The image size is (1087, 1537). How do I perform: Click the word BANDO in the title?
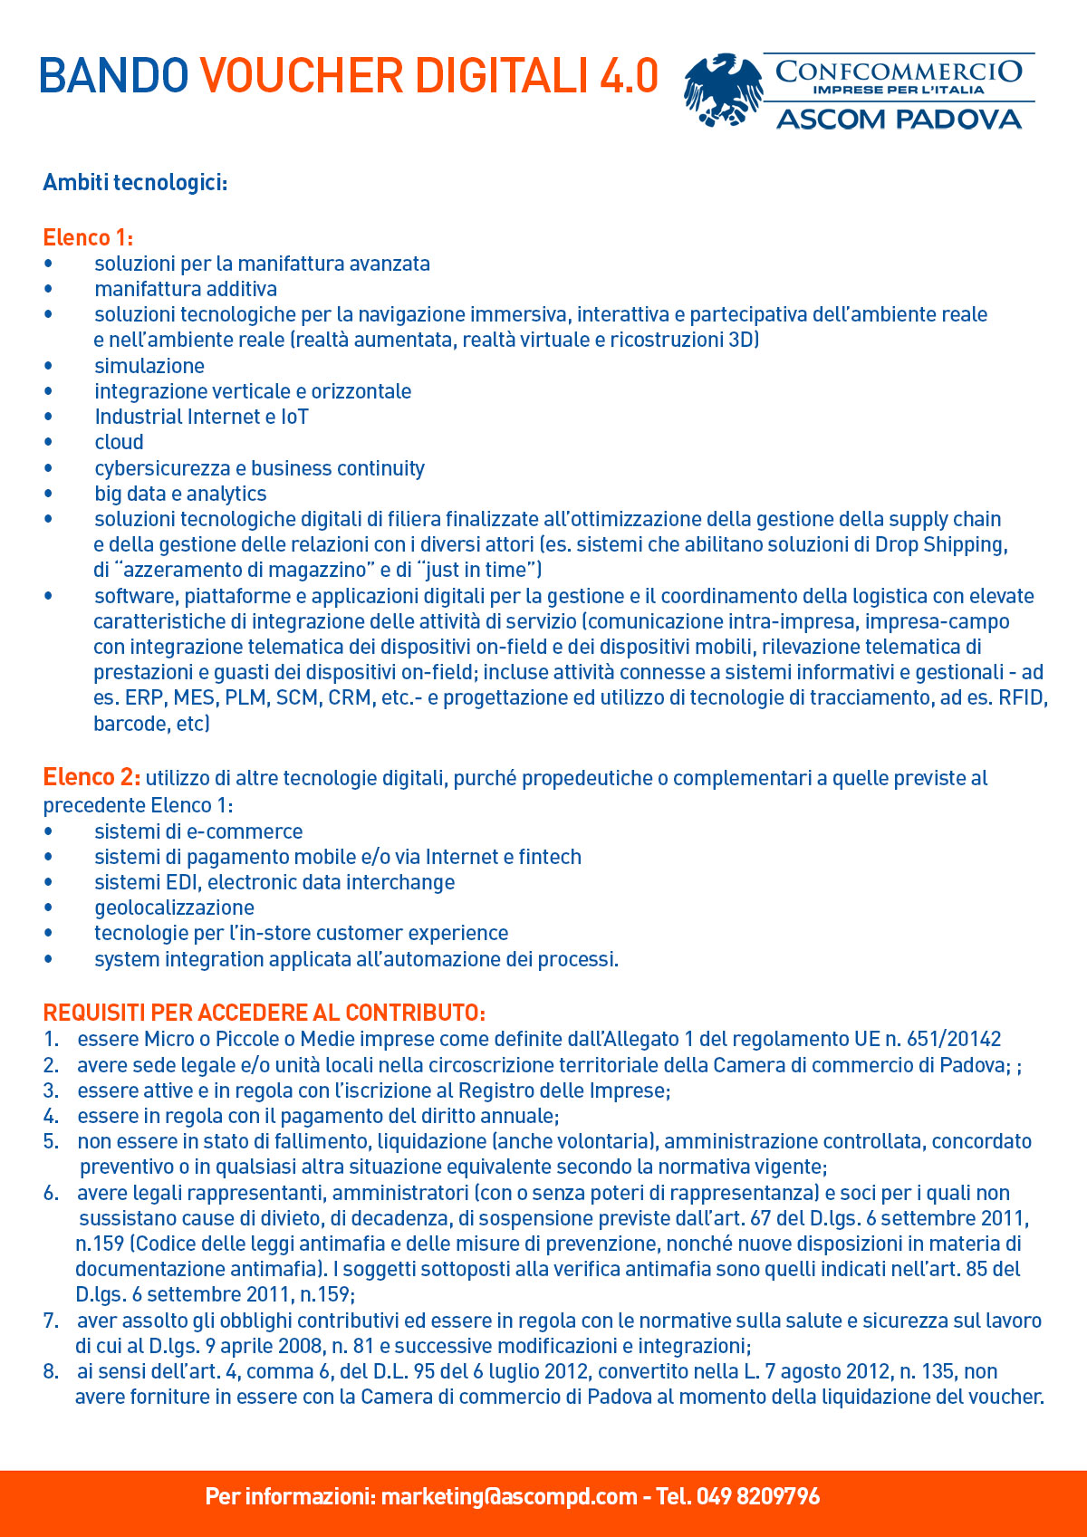coord(113,76)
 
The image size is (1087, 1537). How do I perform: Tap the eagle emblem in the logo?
coord(722,89)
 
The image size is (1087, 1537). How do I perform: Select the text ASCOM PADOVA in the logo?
coord(899,120)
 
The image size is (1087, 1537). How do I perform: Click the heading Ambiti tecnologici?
coord(135,183)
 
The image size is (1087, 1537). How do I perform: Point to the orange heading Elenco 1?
coord(88,237)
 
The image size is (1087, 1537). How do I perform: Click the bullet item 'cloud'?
coord(119,442)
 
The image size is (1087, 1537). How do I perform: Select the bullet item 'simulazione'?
coord(149,366)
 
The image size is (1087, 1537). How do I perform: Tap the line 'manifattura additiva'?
coord(186,289)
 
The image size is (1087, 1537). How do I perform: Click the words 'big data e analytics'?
coord(180,494)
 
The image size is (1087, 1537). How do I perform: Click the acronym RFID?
coord(1022,697)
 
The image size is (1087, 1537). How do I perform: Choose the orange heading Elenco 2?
coord(91,777)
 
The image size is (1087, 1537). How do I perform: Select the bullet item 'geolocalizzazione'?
coord(174,908)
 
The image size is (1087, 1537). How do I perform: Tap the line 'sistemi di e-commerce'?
coord(198,831)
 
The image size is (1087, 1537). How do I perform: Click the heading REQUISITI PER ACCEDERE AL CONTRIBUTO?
coord(265,1013)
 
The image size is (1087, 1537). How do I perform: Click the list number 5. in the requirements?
coord(51,1141)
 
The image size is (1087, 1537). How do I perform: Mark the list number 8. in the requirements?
coord(51,1371)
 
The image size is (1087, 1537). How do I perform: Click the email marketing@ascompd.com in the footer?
coord(508,1496)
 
